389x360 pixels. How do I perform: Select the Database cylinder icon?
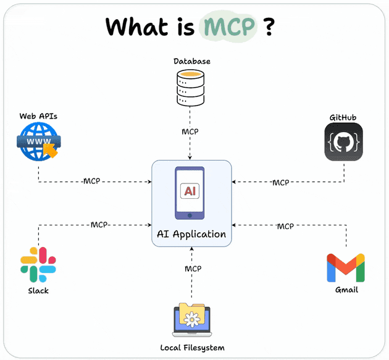(191, 88)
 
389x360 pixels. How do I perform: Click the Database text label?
(191, 61)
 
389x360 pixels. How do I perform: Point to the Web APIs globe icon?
(38, 140)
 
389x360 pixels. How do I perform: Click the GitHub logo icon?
(343, 142)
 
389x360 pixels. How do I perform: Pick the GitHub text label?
(343, 117)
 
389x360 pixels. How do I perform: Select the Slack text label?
(38, 290)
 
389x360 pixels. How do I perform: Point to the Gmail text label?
(345, 290)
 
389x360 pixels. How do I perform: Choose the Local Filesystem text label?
(192, 348)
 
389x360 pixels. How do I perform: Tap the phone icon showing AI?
(191, 192)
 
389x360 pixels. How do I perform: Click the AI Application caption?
(191, 234)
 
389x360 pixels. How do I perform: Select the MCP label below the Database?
(190, 132)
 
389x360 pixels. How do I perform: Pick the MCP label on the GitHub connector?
(280, 182)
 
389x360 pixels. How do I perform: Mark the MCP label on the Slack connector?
(99, 225)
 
